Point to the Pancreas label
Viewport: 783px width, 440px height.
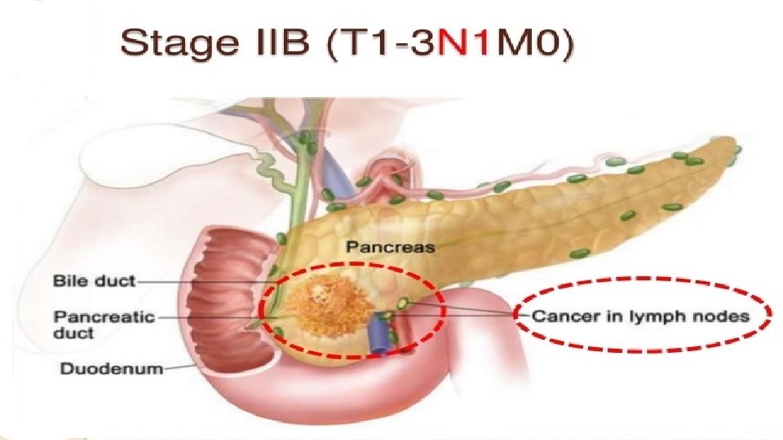click(391, 245)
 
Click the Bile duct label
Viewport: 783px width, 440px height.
click(94, 281)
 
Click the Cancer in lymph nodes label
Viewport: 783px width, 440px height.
click(641, 316)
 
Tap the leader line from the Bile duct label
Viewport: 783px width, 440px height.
click(204, 281)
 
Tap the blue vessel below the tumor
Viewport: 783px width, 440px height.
click(378, 337)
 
